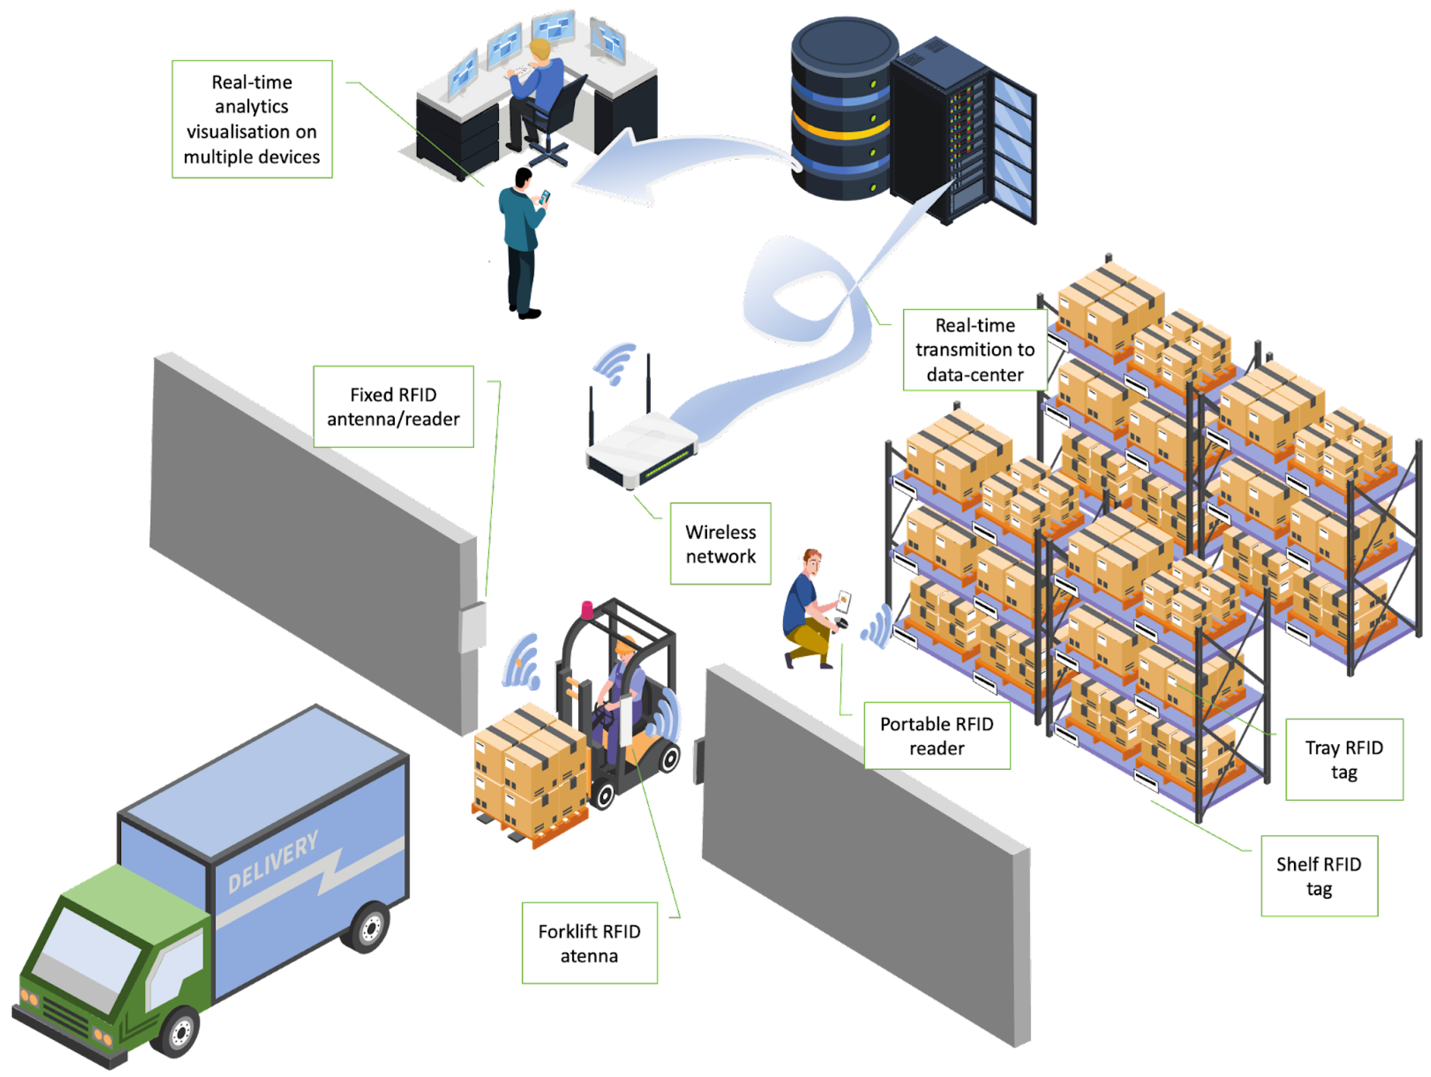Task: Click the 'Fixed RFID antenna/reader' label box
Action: point(393,406)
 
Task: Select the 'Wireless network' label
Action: point(720,544)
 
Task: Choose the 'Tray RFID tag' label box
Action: point(1344,759)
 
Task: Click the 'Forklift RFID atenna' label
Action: point(589,943)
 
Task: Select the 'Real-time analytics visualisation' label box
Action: point(252,119)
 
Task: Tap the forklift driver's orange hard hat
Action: point(624,645)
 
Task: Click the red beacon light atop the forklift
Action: point(587,609)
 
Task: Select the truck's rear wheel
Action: point(370,928)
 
